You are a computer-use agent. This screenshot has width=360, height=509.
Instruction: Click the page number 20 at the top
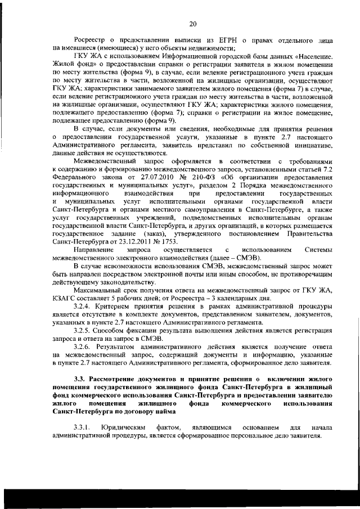coord(192,23)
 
